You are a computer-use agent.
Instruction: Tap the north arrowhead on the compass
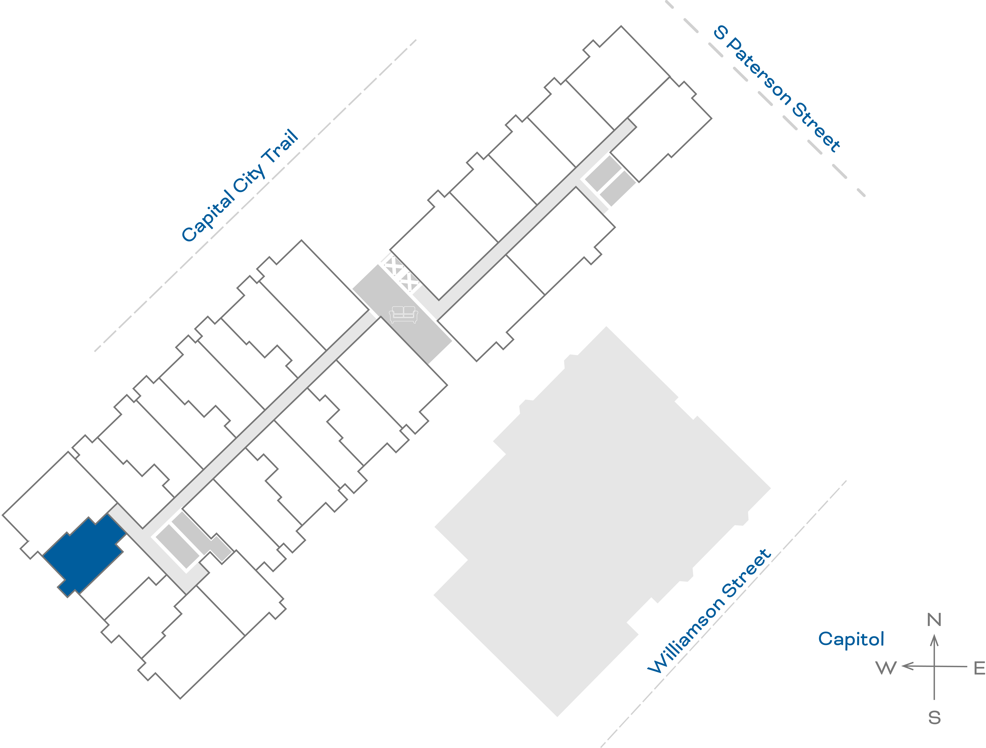click(x=934, y=641)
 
